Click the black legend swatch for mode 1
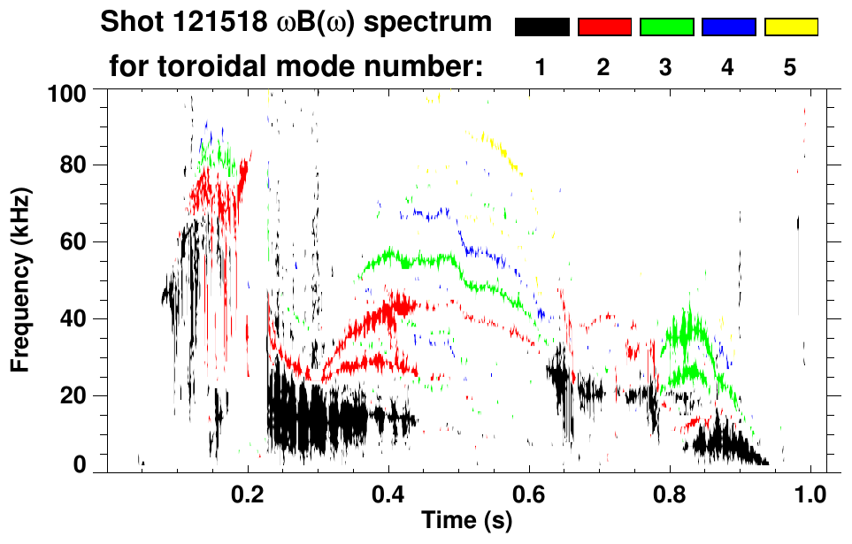pos(541,27)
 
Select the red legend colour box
pos(604,27)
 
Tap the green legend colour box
pos(666,27)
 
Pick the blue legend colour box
pos(728,27)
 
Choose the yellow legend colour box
pos(791,27)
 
